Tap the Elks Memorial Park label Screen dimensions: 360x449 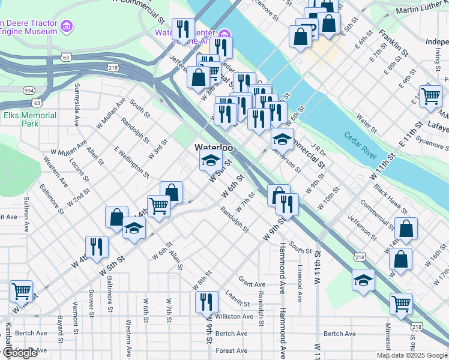pyautogui.click(x=29, y=119)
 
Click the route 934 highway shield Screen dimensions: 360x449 pyautogui.click(x=28, y=90)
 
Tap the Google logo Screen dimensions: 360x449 pyautogui.click(x=20, y=353)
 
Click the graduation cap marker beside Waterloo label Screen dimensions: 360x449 pyautogui.click(x=210, y=160)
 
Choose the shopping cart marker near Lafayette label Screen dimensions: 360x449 pyautogui.click(x=430, y=96)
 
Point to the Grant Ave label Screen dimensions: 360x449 pyautogui.click(x=252, y=284)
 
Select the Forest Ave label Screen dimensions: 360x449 pyautogui.click(x=231, y=350)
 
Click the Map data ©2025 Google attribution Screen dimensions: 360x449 pyautogui.click(x=412, y=355)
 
